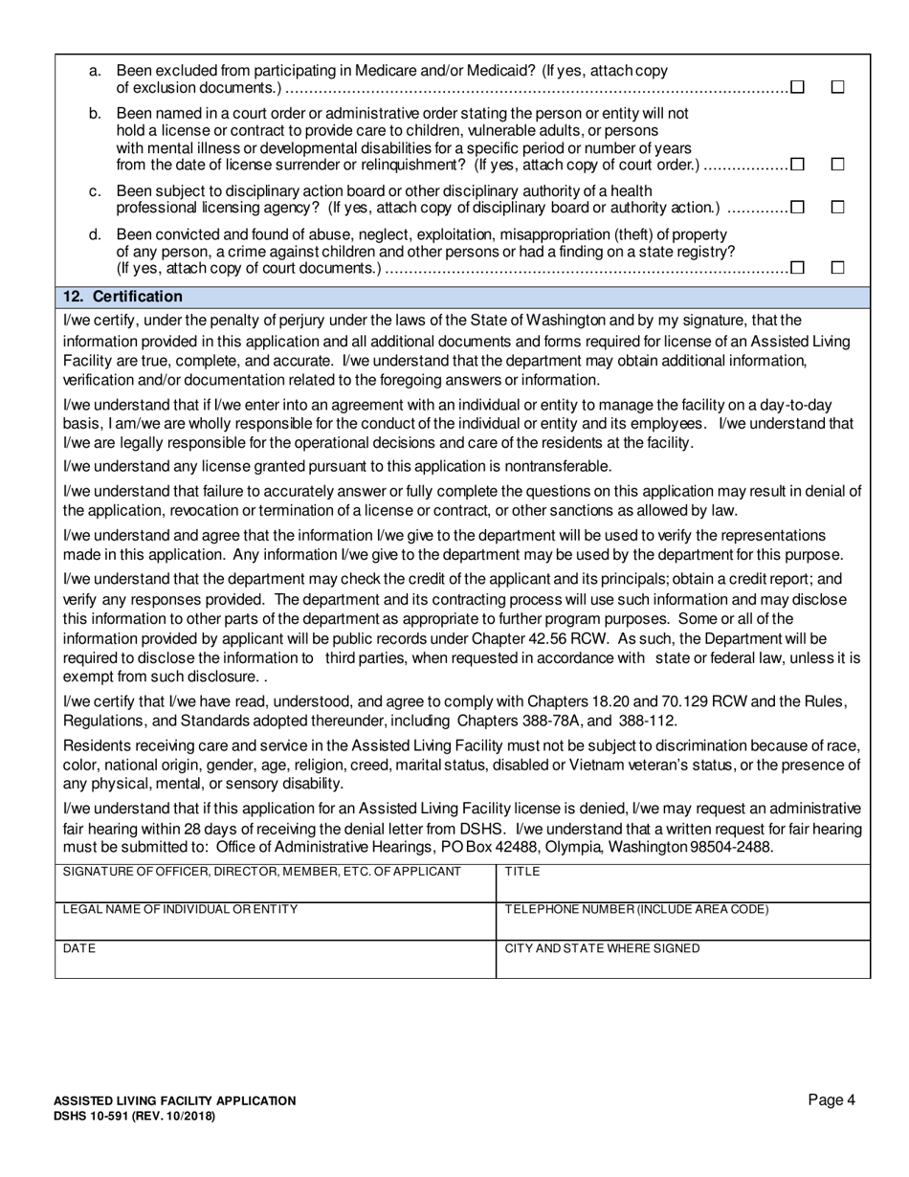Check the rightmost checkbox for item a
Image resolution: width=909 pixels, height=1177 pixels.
(x=838, y=87)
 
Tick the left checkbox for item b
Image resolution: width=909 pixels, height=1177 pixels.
(x=797, y=165)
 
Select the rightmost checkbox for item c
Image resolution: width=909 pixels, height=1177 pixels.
(x=838, y=207)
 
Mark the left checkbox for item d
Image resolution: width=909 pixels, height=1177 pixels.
(x=797, y=268)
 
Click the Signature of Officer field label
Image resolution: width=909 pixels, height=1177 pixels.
(x=261, y=872)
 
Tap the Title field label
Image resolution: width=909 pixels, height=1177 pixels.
(x=522, y=872)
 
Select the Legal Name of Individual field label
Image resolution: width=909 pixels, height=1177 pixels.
(x=180, y=910)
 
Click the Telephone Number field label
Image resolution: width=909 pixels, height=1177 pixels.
(x=636, y=910)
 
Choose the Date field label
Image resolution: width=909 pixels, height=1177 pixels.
(x=79, y=948)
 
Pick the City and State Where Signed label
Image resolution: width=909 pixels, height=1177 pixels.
(x=602, y=948)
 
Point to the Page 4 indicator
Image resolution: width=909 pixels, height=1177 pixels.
(x=831, y=1100)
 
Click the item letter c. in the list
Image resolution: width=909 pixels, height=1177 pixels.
(x=95, y=191)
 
